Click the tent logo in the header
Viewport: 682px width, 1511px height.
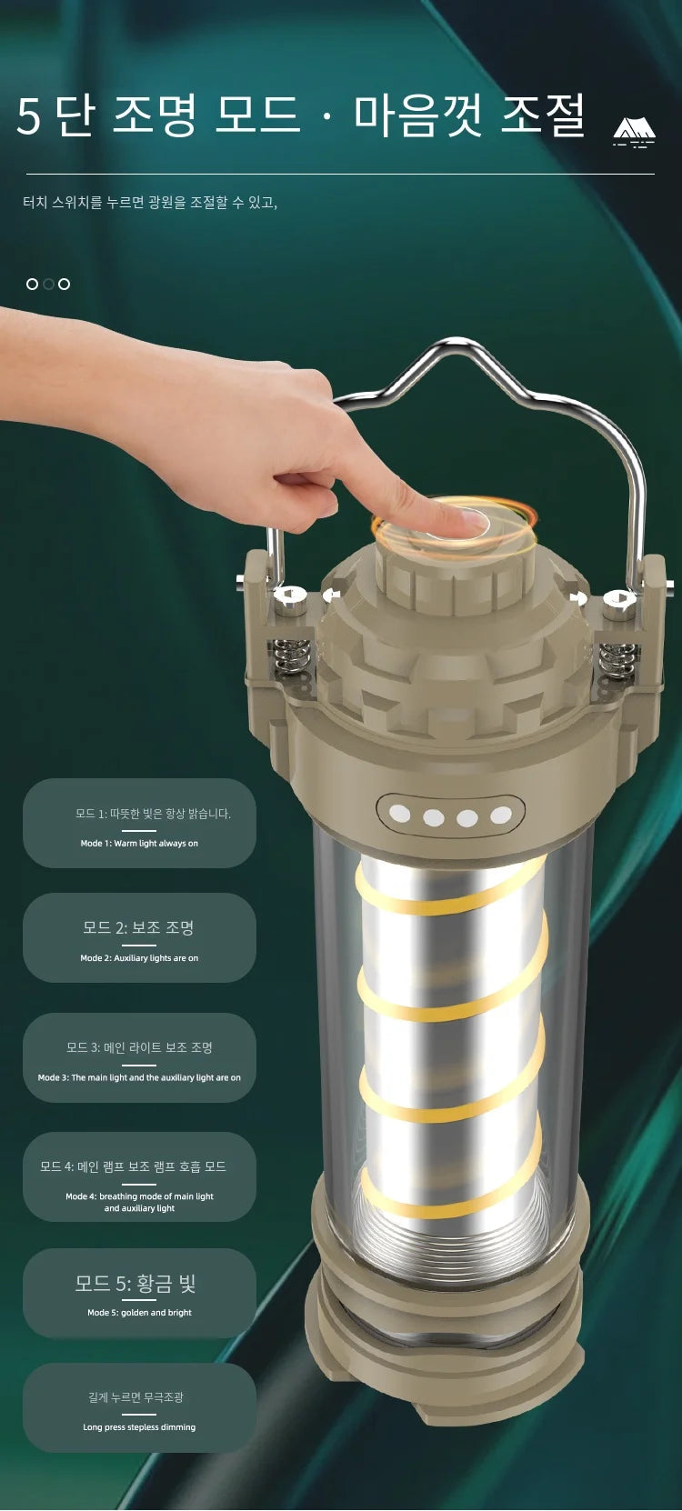tap(634, 131)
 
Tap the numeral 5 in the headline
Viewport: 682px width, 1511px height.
tap(29, 116)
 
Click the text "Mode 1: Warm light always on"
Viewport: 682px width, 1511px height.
tap(139, 843)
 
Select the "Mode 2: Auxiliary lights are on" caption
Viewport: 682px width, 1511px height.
tap(139, 958)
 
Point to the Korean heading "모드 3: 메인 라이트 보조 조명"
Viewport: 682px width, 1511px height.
tap(139, 1047)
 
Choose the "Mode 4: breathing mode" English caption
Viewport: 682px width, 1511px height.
tap(139, 1202)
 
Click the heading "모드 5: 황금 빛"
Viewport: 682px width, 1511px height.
tap(135, 1283)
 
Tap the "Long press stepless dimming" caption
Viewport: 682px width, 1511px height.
tap(139, 1426)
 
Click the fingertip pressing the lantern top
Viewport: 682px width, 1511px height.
tap(466, 519)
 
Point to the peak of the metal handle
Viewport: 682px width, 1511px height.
tap(458, 343)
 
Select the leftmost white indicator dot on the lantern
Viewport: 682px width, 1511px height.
tap(400, 813)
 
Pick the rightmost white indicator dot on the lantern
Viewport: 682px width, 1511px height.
tap(500, 816)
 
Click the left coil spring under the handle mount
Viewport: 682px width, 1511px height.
tap(291, 656)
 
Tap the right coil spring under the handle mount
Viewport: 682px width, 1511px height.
tap(617, 659)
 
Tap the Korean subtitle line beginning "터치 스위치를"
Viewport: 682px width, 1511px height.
tap(150, 202)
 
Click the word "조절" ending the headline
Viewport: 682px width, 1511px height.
tap(542, 115)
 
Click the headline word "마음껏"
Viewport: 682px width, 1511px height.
tap(417, 115)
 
